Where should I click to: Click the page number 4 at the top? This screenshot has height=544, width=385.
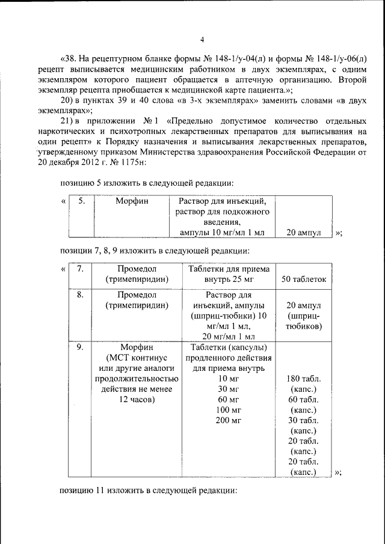[202, 40]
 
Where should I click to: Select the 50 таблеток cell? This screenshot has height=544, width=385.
[303, 279]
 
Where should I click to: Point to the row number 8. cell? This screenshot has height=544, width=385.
[80, 295]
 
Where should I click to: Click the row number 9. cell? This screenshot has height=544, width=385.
[80, 347]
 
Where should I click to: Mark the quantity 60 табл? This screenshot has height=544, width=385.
[304, 399]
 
